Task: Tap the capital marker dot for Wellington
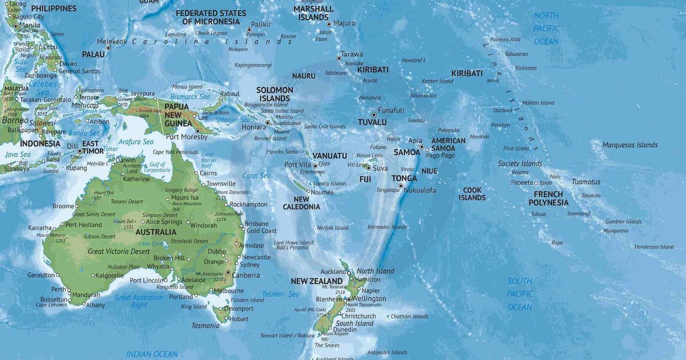(349, 299)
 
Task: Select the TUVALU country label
(372, 122)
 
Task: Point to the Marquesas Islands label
(630, 145)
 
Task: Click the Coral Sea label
(257, 176)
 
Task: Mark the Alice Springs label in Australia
(164, 222)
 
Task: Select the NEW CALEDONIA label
(301, 203)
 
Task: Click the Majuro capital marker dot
(329, 24)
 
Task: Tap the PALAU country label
(93, 54)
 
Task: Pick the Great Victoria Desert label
(118, 251)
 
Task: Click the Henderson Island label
(654, 247)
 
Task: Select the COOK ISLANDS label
(472, 194)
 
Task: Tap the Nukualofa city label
(420, 190)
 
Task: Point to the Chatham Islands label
(409, 317)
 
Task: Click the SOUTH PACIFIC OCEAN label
(520, 294)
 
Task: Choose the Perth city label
(59, 290)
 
